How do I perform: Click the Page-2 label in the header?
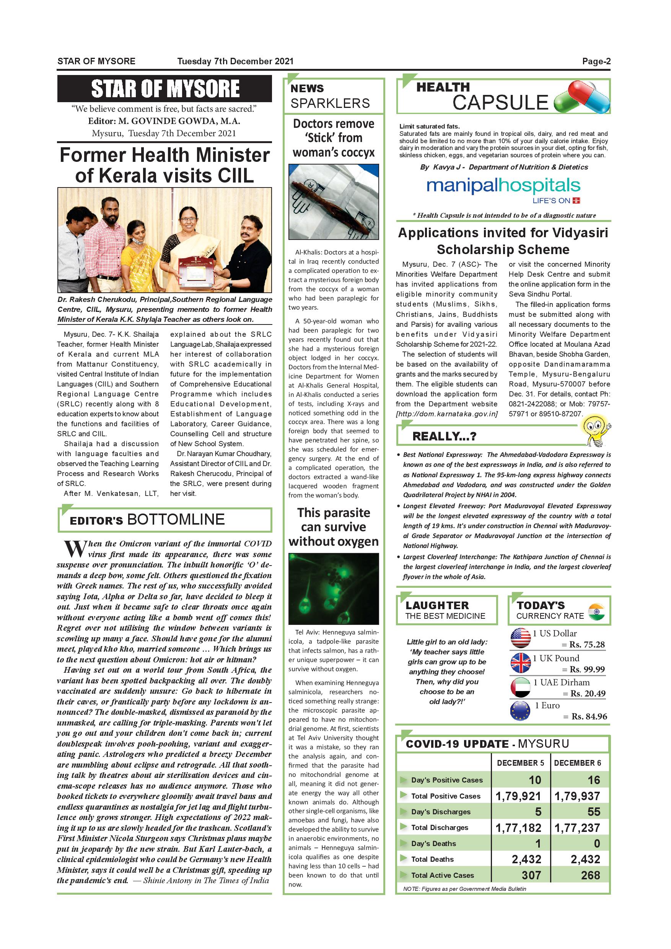[x=596, y=62]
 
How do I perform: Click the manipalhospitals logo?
[x=503, y=186]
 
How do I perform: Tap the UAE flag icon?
[x=521, y=687]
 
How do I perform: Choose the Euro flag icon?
[x=521, y=711]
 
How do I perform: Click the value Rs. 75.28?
[x=587, y=645]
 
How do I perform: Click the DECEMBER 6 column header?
[x=577, y=763]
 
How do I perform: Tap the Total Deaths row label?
[x=432, y=859]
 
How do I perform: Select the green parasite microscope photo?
[x=334, y=589]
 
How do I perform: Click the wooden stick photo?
[x=334, y=202]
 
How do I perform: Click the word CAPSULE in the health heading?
[x=500, y=103]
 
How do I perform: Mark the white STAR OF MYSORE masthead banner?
[x=164, y=88]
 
